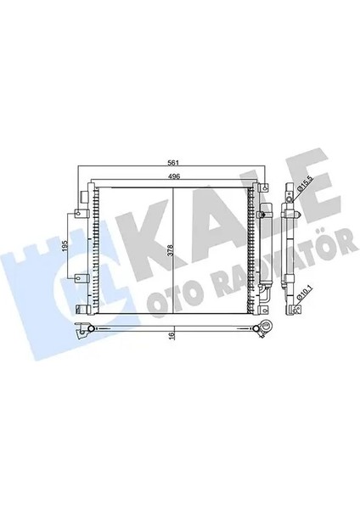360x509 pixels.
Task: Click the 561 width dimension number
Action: (x=172, y=163)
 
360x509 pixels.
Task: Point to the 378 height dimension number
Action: (x=170, y=252)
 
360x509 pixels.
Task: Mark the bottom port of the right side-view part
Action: (x=287, y=307)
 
